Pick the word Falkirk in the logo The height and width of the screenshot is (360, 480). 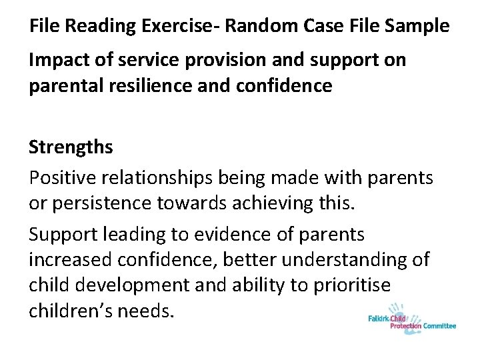pyautogui.click(x=383, y=318)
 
